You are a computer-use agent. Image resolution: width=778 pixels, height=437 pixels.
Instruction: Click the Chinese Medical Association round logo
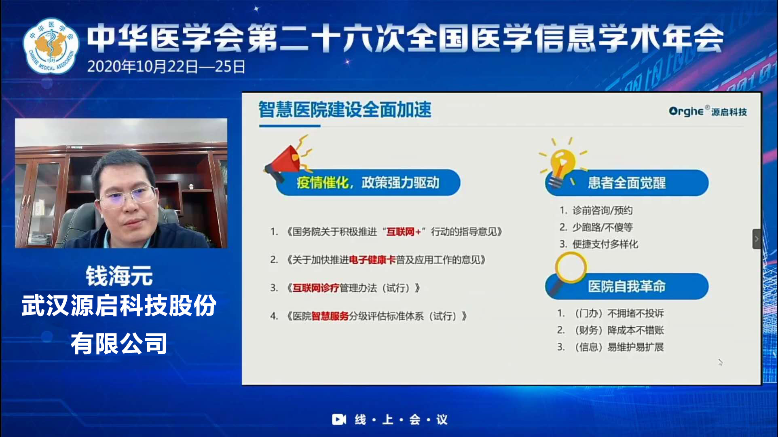click(51, 46)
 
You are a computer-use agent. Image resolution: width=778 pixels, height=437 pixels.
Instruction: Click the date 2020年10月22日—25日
click(166, 66)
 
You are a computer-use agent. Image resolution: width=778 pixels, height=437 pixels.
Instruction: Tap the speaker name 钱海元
click(119, 276)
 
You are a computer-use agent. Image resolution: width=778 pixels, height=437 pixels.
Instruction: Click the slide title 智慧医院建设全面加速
click(345, 110)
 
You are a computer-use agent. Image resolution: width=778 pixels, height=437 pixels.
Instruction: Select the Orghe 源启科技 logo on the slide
click(708, 111)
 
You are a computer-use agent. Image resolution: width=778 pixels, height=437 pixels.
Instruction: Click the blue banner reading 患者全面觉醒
click(627, 183)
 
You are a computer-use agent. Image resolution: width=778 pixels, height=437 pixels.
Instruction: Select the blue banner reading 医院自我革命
click(627, 286)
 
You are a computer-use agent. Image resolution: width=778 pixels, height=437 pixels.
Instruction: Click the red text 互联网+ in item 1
click(404, 232)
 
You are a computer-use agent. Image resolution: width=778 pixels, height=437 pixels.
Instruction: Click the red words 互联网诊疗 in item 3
click(316, 288)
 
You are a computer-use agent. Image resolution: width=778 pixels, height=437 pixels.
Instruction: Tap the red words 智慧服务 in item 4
click(330, 316)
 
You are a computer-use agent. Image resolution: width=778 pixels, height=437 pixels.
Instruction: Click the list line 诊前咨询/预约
click(596, 210)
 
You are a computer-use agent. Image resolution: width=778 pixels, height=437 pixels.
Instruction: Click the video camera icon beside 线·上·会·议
click(339, 420)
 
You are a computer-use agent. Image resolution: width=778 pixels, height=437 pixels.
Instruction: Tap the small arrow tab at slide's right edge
click(757, 239)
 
